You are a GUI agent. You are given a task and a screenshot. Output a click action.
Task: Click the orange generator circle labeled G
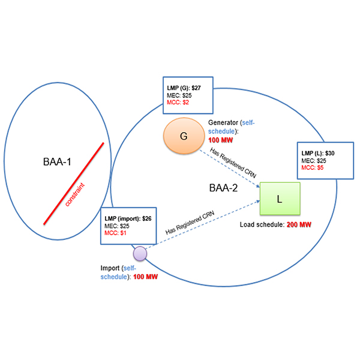pos(184,136)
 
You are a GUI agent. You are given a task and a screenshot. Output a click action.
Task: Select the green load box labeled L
pos(280,198)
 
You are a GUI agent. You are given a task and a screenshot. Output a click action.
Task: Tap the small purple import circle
pos(140,253)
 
